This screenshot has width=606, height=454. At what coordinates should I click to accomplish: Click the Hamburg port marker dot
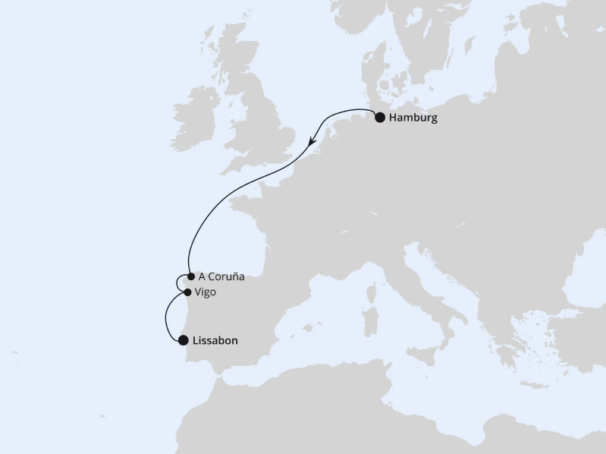point(380,118)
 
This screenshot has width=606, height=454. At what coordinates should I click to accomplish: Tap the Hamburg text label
point(413,118)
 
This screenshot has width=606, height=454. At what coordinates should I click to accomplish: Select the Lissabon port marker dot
point(183,341)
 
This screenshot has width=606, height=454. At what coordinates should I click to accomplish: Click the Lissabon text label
point(215,341)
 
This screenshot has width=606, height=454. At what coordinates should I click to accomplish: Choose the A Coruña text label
point(221,277)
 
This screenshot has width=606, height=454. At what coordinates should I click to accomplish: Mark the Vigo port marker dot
point(187,292)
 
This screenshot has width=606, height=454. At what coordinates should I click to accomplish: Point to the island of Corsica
point(373,288)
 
